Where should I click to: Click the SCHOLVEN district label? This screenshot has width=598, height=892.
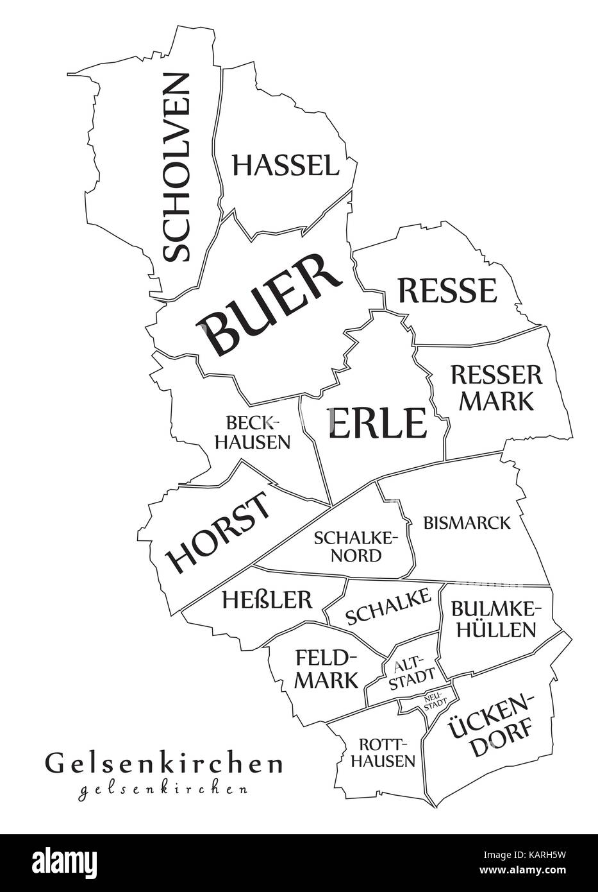click(x=176, y=167)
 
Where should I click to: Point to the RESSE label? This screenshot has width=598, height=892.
click(x=447, y=291)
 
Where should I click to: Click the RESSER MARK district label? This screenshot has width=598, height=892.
click(x=497, y=387)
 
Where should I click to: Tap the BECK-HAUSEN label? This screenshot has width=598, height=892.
click(x=253, y=432)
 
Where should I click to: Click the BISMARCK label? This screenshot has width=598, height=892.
click(x=467, y=522)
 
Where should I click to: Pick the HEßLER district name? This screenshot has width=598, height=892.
click(x=267, y=599)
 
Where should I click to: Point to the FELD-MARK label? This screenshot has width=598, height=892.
click(x=326, y=668)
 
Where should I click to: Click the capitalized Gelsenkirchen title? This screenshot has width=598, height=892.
click(x=163, y=764)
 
